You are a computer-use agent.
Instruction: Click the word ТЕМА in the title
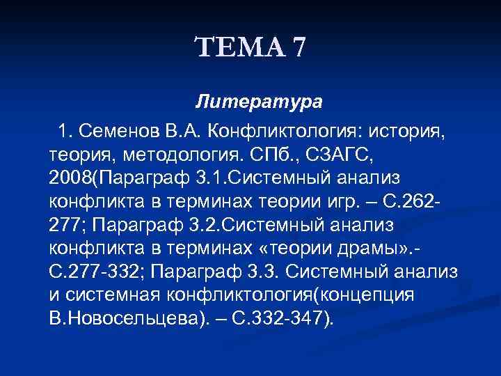pos(239,48)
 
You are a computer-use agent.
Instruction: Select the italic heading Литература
pos(259,102)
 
